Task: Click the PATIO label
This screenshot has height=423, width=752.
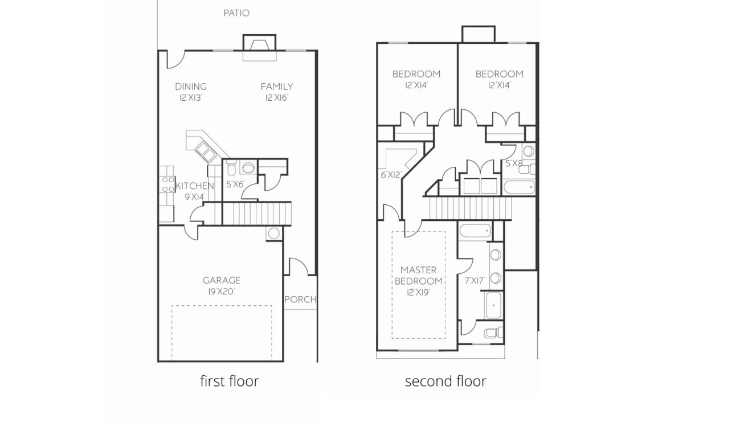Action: (x=236, y=13)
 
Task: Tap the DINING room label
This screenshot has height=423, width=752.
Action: (x=190, y=87)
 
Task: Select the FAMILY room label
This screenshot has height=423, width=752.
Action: (x=277, y=87)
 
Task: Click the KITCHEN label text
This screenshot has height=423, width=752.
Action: (x=195, y=186)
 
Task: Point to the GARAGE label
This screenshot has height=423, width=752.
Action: (x=222, y=280)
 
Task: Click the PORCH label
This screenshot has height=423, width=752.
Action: (x=300, y=299)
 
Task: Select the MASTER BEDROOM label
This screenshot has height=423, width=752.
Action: (x=419, y=276)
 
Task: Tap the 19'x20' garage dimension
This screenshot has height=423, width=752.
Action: (x=222, y=291)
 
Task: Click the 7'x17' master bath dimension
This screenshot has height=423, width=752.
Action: (x=475, y=281)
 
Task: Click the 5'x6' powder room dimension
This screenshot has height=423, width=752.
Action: (x=235, y=184)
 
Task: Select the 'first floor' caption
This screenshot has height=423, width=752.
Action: (x=229, y=381)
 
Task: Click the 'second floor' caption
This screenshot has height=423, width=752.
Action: (x=446, y=381)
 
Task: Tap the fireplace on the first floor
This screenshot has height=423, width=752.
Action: (x=259, y=47)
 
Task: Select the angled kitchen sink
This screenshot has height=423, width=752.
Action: (x=205, y=152)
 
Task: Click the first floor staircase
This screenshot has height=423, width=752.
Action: (x=256, y=214)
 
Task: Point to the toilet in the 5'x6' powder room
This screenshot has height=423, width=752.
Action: (x=231, y=168)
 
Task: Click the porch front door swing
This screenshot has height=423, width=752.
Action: (x=298, y=266)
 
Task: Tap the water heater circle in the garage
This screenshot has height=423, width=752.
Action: (x=274, y=233)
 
